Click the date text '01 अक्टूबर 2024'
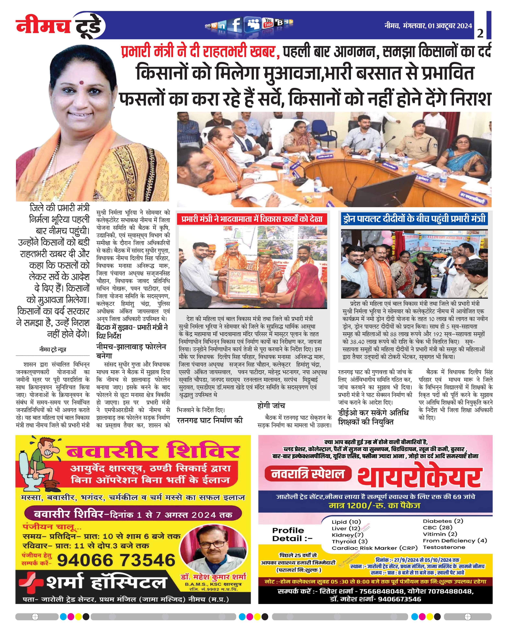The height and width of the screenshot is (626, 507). tap(450, 26)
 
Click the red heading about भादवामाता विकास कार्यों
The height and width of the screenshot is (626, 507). tap(252, 219)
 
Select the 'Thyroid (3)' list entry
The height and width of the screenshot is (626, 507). tap(350, 541)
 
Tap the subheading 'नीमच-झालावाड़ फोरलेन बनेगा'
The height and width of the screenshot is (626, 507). tap(131, 351)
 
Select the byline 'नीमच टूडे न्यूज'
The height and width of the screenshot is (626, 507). tap(53, 349)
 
